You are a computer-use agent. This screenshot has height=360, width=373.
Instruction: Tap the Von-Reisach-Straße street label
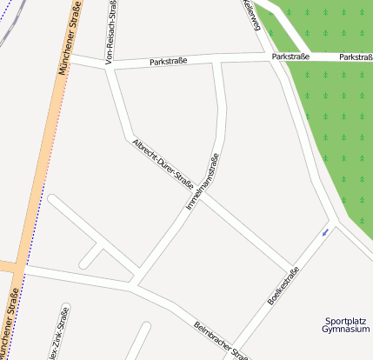[x=111, y=33]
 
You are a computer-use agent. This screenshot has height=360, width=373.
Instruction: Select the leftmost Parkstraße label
[x=169, y=62]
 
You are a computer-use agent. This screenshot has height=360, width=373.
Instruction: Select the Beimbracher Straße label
[x=221, y=341]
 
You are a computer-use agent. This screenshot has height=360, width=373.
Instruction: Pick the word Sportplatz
[x=344, y=320]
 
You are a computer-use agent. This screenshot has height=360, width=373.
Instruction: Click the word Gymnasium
[x=345, y=330]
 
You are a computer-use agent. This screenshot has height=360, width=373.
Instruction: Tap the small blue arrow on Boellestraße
[x=325, y=232]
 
